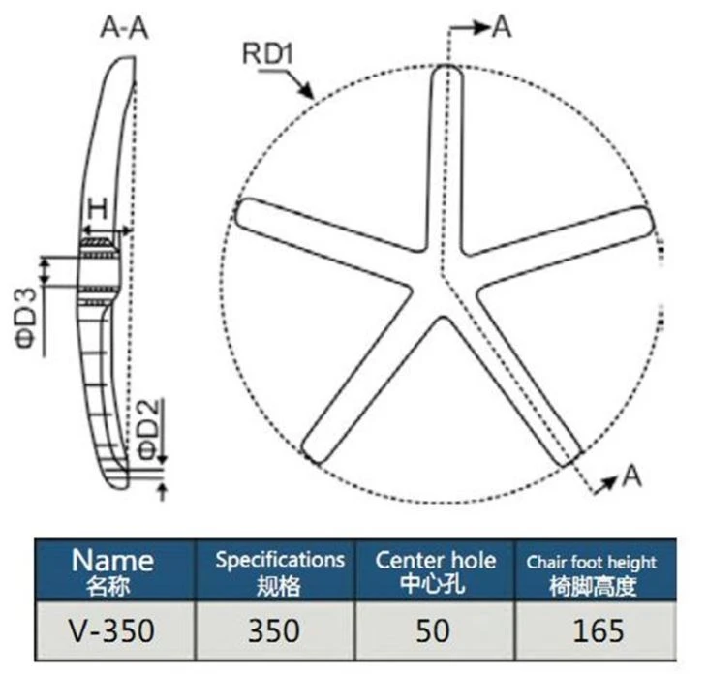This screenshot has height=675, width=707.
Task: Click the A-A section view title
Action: (x=124, y=28)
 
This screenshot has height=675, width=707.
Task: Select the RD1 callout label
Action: (x=268, y=53)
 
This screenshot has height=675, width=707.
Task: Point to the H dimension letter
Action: (x=98, y=209)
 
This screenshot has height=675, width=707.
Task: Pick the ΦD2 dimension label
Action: (x=149, y=429)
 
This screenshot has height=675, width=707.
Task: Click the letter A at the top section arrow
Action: (x=502, y=26)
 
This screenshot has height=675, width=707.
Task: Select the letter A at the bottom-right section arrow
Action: (x=631, y=476)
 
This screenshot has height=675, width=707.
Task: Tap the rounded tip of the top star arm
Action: (x=446, y=67)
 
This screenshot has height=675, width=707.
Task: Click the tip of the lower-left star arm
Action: (x=312, y=454)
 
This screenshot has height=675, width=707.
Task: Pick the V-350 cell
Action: (x=111, y=630)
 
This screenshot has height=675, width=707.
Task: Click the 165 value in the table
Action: (x=599, y=630)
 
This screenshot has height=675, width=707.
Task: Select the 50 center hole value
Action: (x=433, y=630)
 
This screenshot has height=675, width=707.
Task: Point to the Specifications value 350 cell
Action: (x=274, y=630)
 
